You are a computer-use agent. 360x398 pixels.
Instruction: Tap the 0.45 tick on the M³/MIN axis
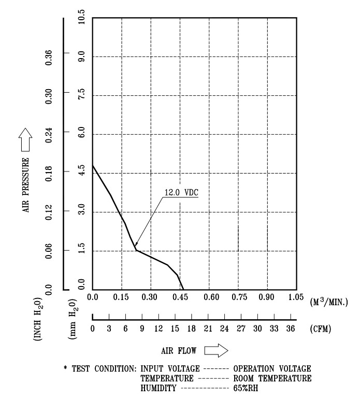point(180,297)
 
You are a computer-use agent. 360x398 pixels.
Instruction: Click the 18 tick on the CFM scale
point(191,329)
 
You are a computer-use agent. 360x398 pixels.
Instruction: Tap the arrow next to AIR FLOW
point(216,351)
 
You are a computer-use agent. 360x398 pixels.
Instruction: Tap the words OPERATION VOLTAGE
point(272,368)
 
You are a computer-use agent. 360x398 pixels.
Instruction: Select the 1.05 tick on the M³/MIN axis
point(296,297)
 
